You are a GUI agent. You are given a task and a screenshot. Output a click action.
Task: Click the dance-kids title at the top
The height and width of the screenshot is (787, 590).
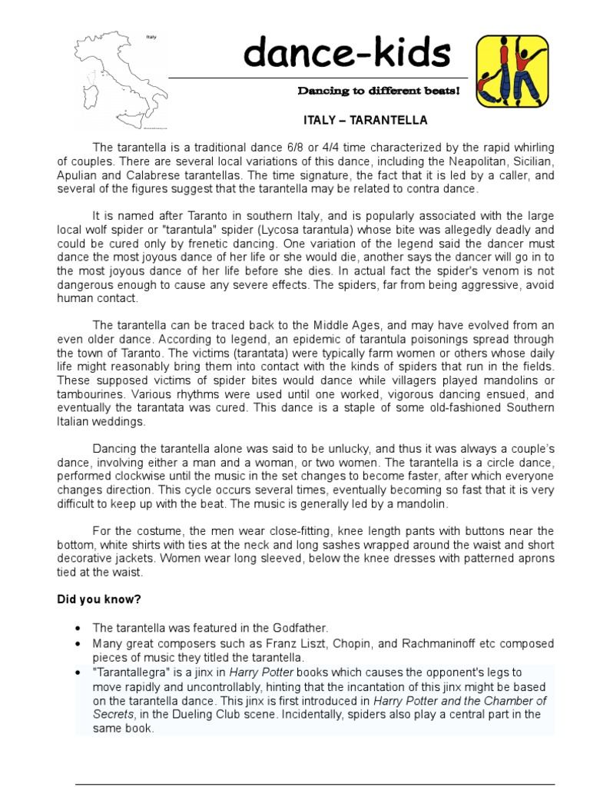(346, 53)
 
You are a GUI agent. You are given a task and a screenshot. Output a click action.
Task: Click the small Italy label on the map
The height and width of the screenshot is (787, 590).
(151, 37)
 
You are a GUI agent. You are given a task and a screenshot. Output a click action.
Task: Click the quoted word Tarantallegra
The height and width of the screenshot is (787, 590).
(132, 672)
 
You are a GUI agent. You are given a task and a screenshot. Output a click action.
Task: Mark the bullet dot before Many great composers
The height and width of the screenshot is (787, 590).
(79, 643)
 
